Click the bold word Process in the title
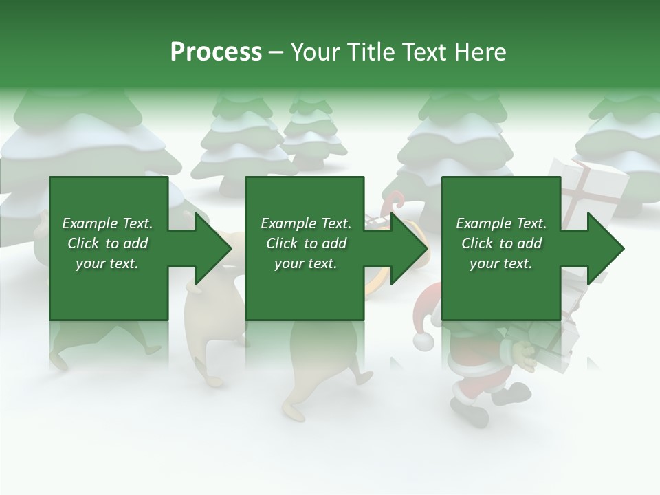click(x=216, y=52)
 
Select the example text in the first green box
click(x=107, y=243)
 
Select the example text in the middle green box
click(x=306, y=243)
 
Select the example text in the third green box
click(x=501, y=243)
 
